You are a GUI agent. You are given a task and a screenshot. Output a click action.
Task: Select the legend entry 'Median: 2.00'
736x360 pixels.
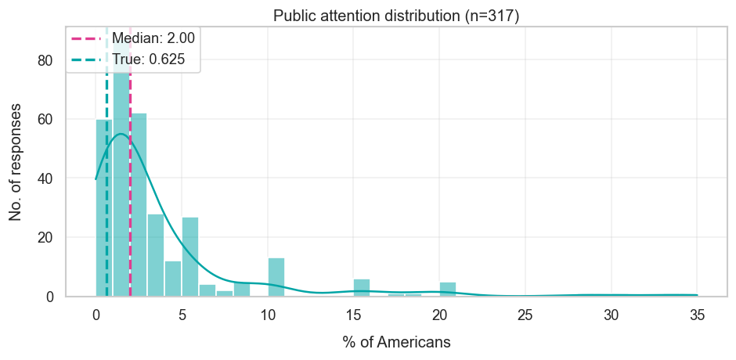click(x=153, y=37)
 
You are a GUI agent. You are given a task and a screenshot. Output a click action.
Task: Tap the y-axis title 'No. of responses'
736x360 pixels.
click(x=16, y=160)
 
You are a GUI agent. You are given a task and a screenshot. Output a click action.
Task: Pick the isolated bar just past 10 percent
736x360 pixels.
click(x=276, y=278)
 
